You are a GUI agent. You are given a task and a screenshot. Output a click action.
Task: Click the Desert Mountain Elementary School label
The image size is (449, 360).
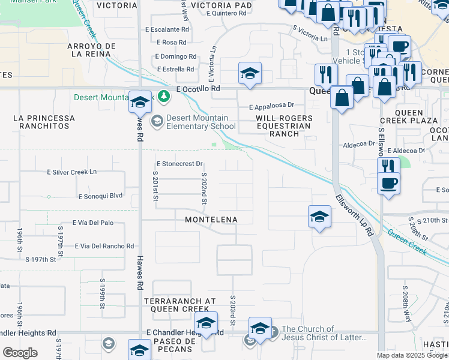[x=200, y=122]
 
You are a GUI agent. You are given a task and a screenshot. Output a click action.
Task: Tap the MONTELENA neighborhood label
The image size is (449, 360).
[x=211, y=220]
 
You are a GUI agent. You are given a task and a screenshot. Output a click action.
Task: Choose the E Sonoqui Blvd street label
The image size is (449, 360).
[x=100, y=196]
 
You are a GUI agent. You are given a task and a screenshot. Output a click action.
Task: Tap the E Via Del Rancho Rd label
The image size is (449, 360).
[x=104, y=246]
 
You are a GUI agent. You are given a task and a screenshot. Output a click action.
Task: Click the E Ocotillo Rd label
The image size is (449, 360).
[x=199, y=89]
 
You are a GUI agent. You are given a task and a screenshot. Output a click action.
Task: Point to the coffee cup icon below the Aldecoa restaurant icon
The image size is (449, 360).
[x=389, y=182]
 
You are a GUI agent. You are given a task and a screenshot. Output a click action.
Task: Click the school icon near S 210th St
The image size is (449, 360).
[x=320, y=217]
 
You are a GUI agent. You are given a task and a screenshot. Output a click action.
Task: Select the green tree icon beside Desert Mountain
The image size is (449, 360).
[x=161, y=97]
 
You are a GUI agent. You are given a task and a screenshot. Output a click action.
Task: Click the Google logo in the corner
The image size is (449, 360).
[x=20, y=353]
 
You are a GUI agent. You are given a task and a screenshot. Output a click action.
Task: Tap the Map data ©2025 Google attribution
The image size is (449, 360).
[x=411, y=355]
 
